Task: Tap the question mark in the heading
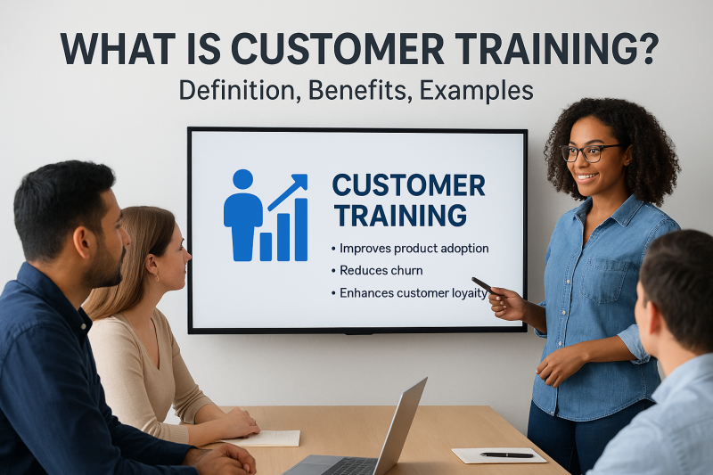pos(643,49)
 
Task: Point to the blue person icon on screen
pos(242,214)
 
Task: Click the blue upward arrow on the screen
pos(287,190)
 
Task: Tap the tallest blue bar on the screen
pos(300,229)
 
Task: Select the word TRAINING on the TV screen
pos(398,215)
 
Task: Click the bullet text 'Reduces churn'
pos(381,270)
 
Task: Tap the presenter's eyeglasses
pos(588,152)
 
